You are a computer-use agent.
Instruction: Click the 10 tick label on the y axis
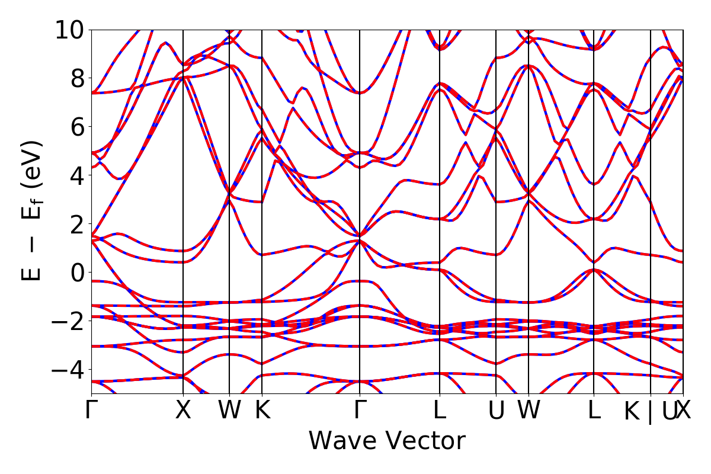(x=71, y=30)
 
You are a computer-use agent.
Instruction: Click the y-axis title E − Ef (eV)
(x=33, y=210)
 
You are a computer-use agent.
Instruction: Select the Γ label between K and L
(x=360, y=410)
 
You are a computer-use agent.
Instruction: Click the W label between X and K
(x=229, y=410)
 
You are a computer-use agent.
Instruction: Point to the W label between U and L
(x=529, y=410)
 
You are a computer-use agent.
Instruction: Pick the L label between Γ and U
(x=440, y=410)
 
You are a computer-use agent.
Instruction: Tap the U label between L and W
(x=496, y=410)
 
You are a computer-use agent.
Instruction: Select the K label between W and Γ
(x=262, y=410)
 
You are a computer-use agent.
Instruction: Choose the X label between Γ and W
(x=183, y=410)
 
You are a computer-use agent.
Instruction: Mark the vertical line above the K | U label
(x=651, y=178)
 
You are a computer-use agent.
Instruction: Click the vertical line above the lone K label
(x=262, y=178)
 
